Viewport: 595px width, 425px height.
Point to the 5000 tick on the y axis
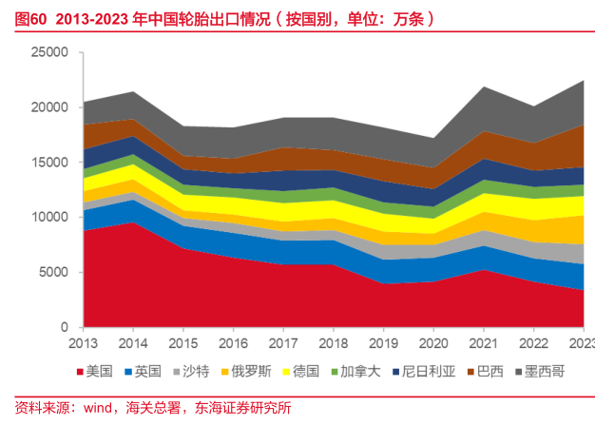55,272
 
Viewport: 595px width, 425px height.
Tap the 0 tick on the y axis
67,327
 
